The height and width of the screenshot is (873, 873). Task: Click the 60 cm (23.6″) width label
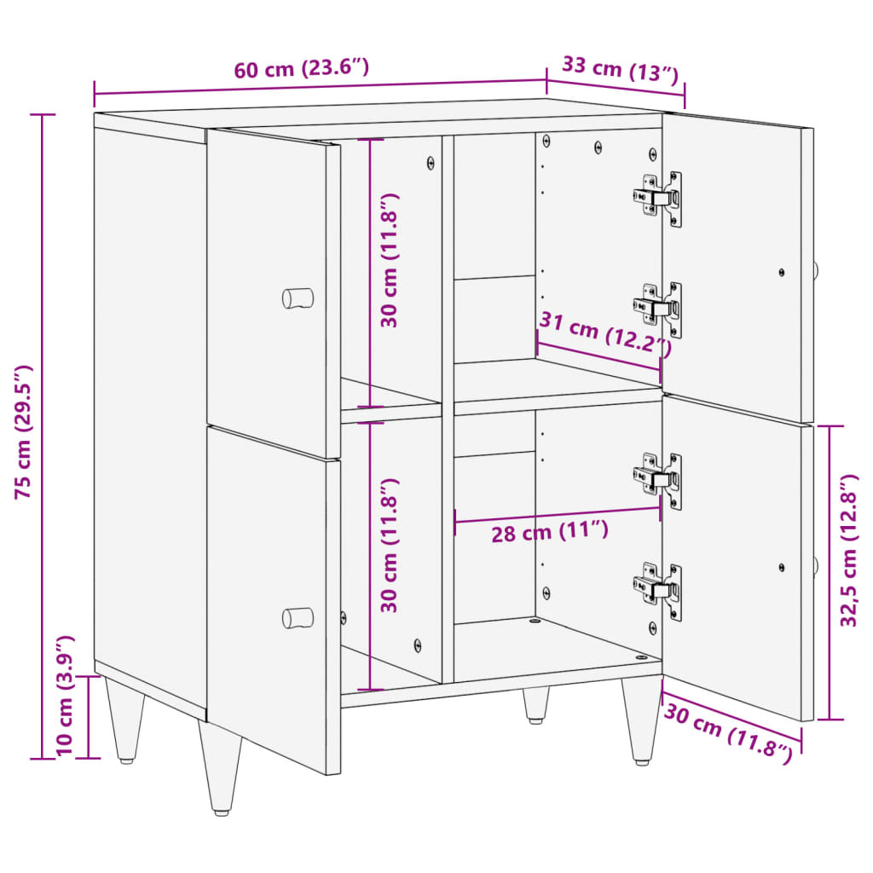[x=302, y=69]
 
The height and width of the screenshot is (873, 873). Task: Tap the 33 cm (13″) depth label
[x=620, y=69]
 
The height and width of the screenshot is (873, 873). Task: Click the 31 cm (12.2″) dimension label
[x=604, y=333]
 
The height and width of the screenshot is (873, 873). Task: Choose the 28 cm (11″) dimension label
[x=550, y=533]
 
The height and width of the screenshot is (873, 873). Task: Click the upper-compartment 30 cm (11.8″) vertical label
[x=390, y=260]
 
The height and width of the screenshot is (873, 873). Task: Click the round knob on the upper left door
[x=298, y=298]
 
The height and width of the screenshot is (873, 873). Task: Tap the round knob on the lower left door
[x=298, y=617]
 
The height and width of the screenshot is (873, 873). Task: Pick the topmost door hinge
[x=658, y=199]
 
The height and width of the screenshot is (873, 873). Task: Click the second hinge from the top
[x=658, y=306]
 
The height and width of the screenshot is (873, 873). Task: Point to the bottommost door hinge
[x=658, y=589]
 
